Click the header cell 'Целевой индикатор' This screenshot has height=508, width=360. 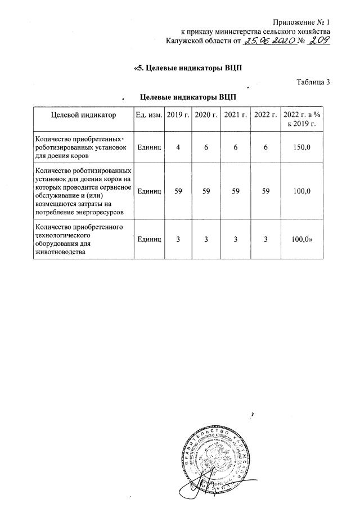tap(83, 115)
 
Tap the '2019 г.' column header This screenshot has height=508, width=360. tap(178, 115)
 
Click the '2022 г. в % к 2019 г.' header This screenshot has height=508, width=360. tap(301, 119)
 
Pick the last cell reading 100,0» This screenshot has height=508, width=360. tap(302, 240)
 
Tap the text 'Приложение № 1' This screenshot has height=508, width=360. tap(301, 21)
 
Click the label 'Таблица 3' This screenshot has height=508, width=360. tap(313, 83)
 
